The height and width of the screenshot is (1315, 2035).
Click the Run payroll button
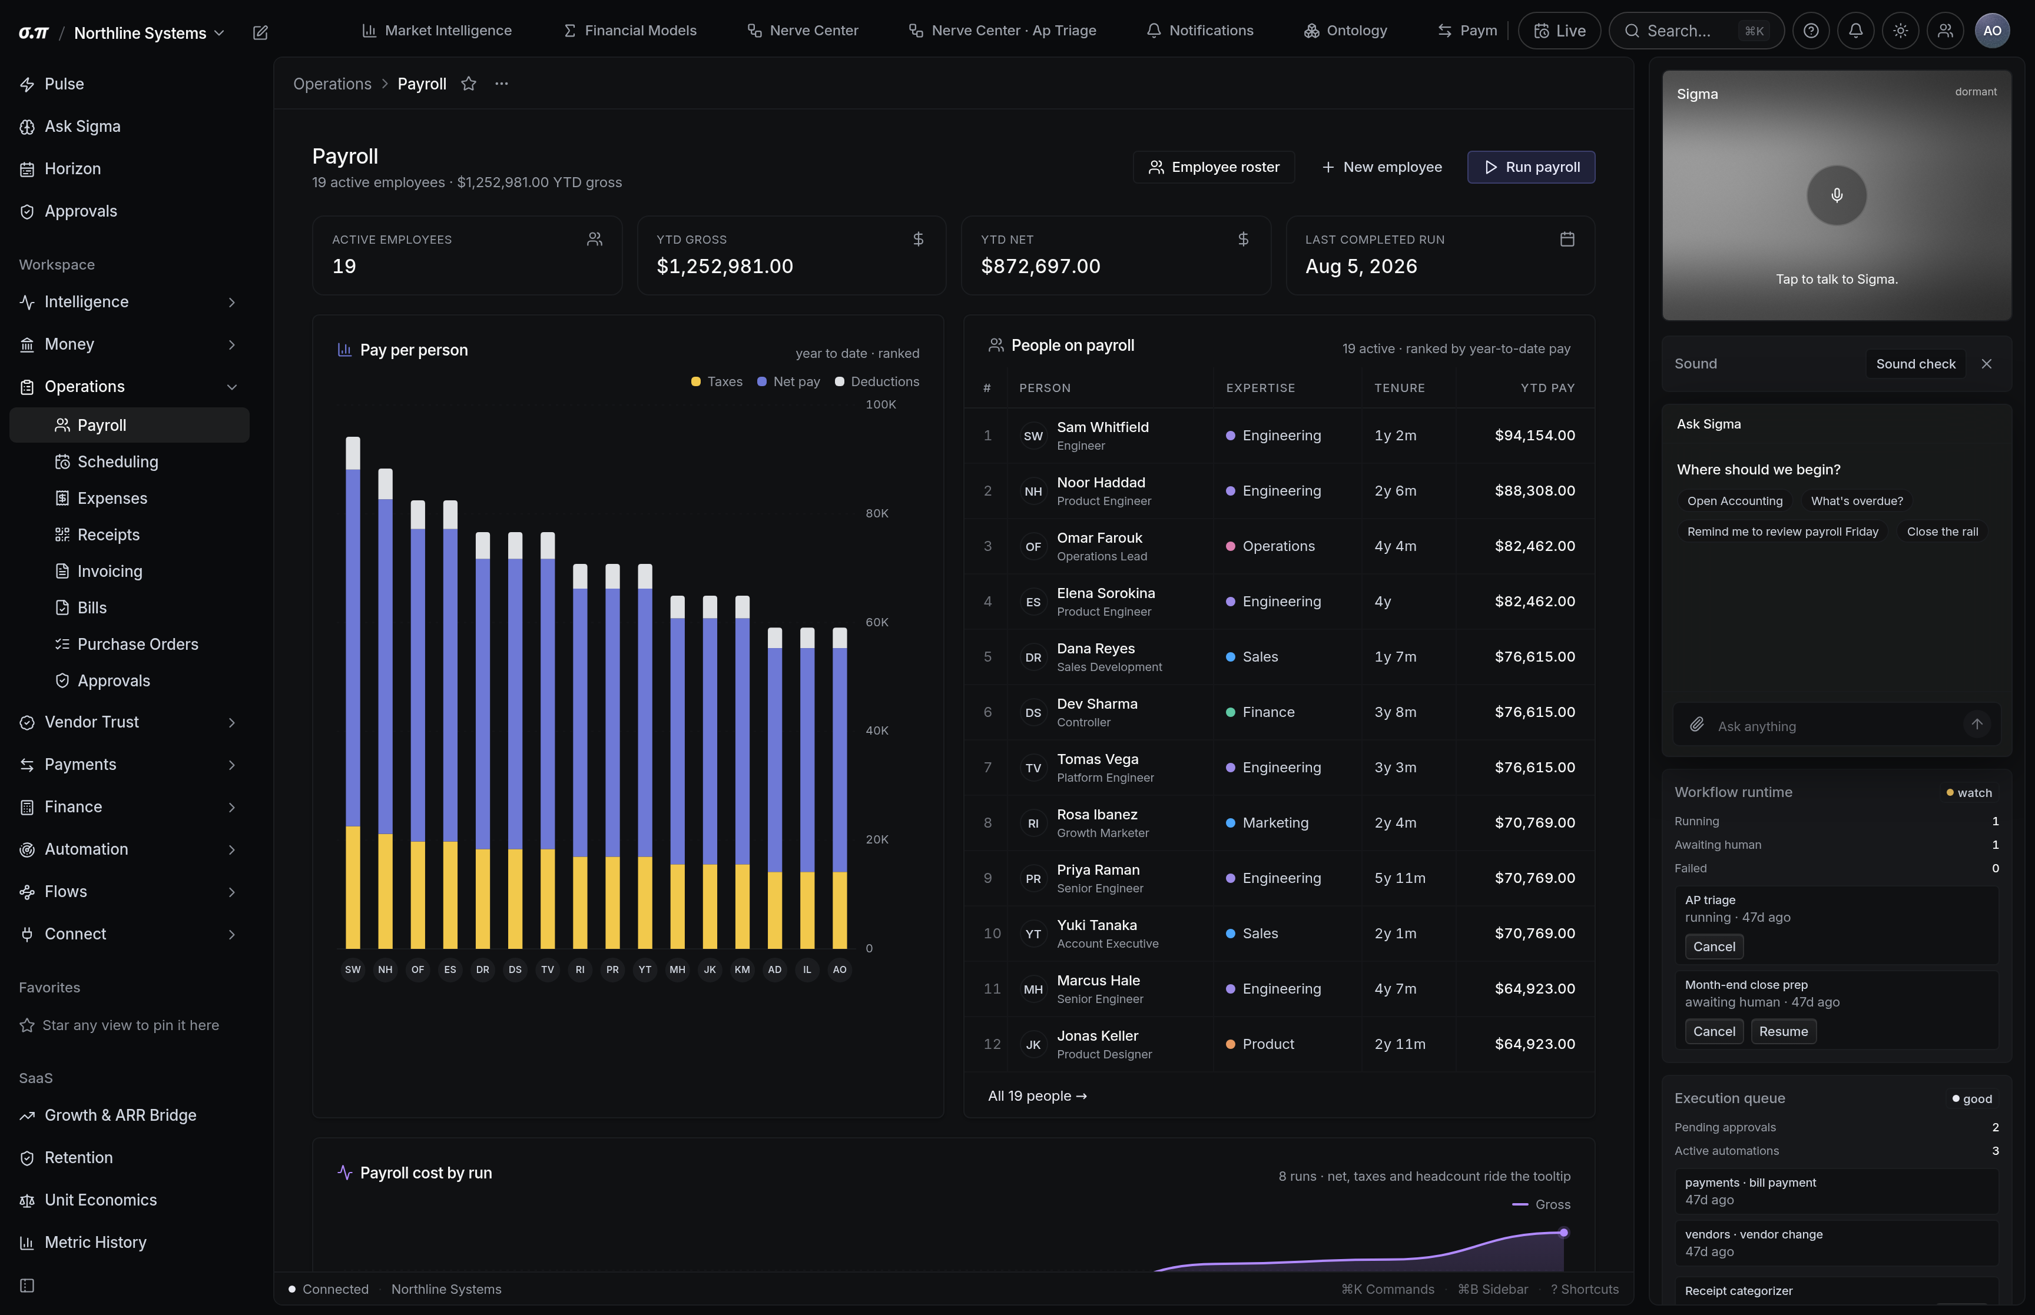(x=1530, y=167)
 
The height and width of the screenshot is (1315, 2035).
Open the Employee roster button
(x=1214, y=167)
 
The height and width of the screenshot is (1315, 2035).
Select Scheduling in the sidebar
(x=118, y=462)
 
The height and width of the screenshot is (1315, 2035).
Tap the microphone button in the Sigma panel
(x=1836, y=195)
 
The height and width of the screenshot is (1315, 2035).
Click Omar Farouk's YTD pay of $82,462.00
(x=1534, y=546)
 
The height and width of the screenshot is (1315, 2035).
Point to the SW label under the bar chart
(x=353, y=969)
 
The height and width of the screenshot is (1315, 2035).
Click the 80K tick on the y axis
(x=877, y=513)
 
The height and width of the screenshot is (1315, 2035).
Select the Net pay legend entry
(x=788, y=381)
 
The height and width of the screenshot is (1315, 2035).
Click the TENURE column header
(x=1399, y=388)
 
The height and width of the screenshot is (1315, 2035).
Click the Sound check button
(x=1915, y=364)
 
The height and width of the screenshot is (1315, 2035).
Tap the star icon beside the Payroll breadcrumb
(x=469, y=84)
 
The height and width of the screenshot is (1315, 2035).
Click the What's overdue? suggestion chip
(x=1857, y=502)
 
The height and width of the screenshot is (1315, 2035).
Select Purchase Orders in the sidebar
(x=137, y=645)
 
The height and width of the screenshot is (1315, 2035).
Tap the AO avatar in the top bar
(x=1992, y=31)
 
